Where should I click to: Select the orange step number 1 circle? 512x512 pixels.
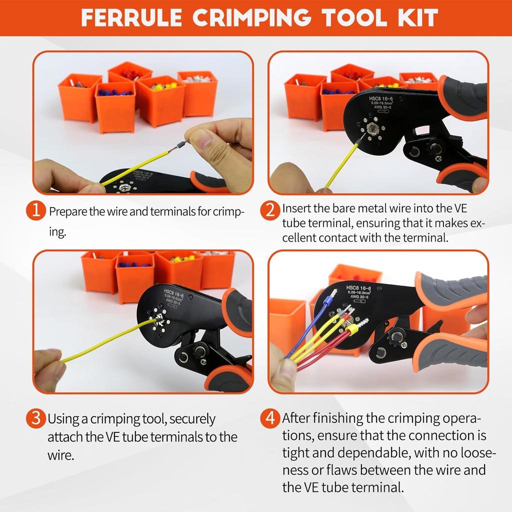(35, 210)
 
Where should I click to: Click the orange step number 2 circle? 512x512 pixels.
(270, 210)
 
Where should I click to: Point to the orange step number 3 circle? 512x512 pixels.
(35, 418)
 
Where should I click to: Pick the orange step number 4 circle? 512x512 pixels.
(270, 418)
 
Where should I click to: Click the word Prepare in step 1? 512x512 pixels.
(67, 211)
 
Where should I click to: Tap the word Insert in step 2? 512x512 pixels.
(296, 207)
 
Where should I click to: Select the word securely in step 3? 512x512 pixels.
(185, 418)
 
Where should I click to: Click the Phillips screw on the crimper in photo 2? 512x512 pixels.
(438, 158)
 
